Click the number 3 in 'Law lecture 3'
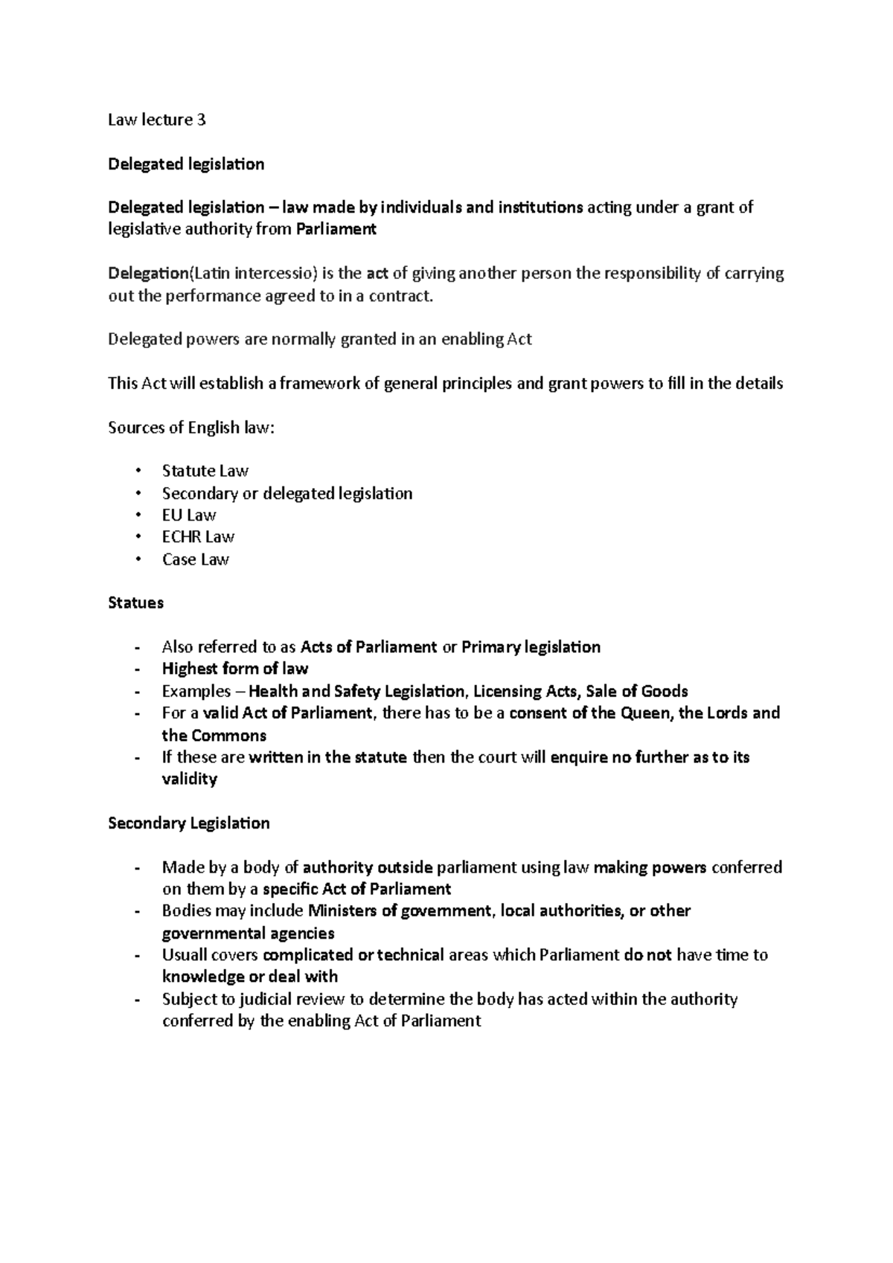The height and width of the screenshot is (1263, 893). (x=201, y=120)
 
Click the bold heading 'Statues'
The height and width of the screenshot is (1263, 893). (x=135, y=603)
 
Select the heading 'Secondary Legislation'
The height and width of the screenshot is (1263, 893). (x=188, y=823)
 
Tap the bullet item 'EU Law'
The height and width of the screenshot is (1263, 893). (x=189, y=515)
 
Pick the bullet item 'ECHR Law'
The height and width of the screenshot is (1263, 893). (x=198, y=537)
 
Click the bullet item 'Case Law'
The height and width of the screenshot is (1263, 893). (x=195, y=559)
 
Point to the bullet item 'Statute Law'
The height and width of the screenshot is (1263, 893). (x=205, y=471)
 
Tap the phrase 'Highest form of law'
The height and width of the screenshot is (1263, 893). (x=234, y=669)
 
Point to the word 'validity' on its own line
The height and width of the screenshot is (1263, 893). (x=189, y=780)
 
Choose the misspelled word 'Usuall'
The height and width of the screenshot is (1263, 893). (x=185, y=955)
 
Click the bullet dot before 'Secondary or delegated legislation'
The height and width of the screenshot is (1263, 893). (x=138, y=493)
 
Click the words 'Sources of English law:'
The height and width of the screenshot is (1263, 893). (x=191, y=428)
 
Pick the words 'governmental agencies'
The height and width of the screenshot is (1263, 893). (x=248, y=933)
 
